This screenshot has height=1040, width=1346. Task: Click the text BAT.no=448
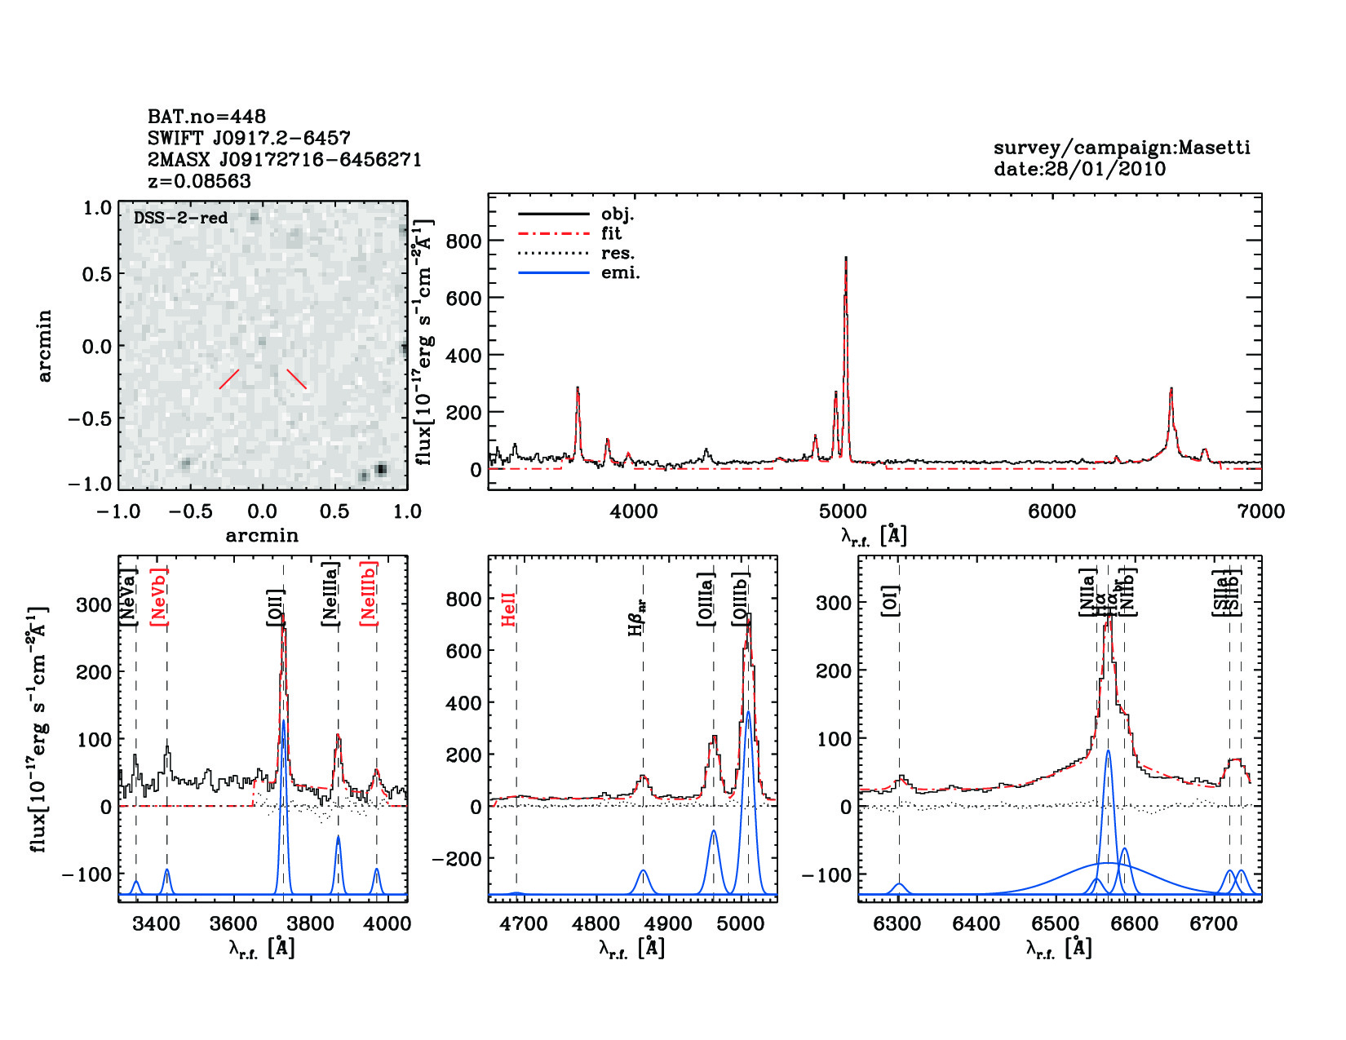206,117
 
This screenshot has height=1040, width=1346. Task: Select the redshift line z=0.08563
199,181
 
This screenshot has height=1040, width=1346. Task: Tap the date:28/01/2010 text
1079,169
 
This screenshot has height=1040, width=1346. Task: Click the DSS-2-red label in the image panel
180,218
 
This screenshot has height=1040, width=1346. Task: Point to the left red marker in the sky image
229,378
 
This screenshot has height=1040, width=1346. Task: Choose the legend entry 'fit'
611,233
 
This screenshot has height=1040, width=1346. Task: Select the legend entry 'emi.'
620,272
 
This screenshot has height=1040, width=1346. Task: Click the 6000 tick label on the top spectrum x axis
1052,511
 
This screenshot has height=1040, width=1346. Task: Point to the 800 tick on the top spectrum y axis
463,241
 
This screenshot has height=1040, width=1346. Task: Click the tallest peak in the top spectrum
846,259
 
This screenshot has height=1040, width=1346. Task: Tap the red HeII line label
509,609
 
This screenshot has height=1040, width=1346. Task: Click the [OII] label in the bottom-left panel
276,607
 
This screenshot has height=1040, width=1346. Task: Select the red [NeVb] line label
159,595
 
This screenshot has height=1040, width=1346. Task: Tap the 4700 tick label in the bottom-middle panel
524,923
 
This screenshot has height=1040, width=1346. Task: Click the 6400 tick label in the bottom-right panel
976,923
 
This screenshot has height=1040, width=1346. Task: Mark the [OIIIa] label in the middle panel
706,599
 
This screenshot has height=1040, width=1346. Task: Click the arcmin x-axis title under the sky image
262,535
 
